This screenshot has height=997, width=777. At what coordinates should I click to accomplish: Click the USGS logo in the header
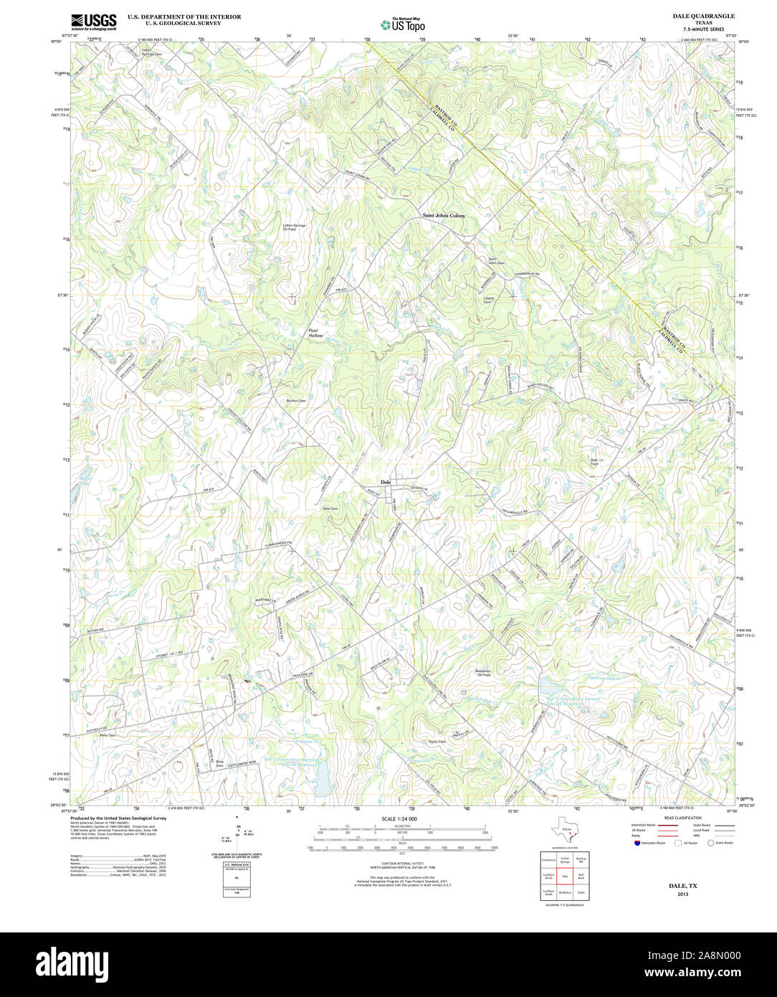pyautogui.click(x=94, y=22)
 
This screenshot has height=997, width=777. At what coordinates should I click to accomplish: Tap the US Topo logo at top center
pyautogui.click(x=403, y=24)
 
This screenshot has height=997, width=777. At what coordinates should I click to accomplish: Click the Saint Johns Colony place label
pyautogui.click(x=444, y=215)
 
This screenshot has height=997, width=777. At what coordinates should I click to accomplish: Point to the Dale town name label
pyautogui.click(x=386, y=481)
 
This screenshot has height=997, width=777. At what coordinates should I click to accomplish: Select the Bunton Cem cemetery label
pyautogui.click(x=296, y=400)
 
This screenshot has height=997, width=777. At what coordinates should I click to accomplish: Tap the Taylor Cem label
pyautogui.click(x=437, y=742)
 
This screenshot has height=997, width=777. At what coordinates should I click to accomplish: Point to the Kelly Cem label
pyautogui.click(x=108, y=735)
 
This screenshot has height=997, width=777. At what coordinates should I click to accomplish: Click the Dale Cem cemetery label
pyautogui.click(x=330, y=509)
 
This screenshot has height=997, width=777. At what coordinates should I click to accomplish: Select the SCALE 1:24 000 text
pyautogui.click(x=399, y=818)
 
